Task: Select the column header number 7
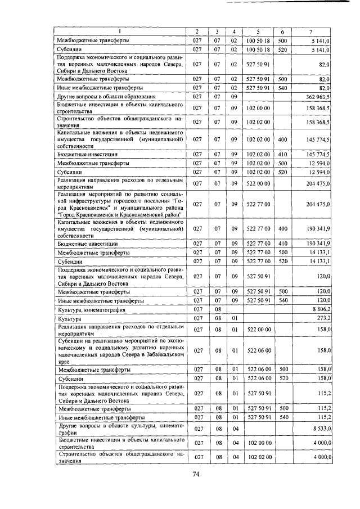pyautogui.click(x=310, y=31)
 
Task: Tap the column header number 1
pyautogui.click(x=120, y=31)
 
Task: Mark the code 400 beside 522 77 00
pyautogui.click(x=283, y=229)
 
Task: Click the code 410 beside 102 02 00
pyautogui.click(x=283, y=154)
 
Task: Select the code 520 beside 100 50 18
pyautogui.click(x=283, y=49)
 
